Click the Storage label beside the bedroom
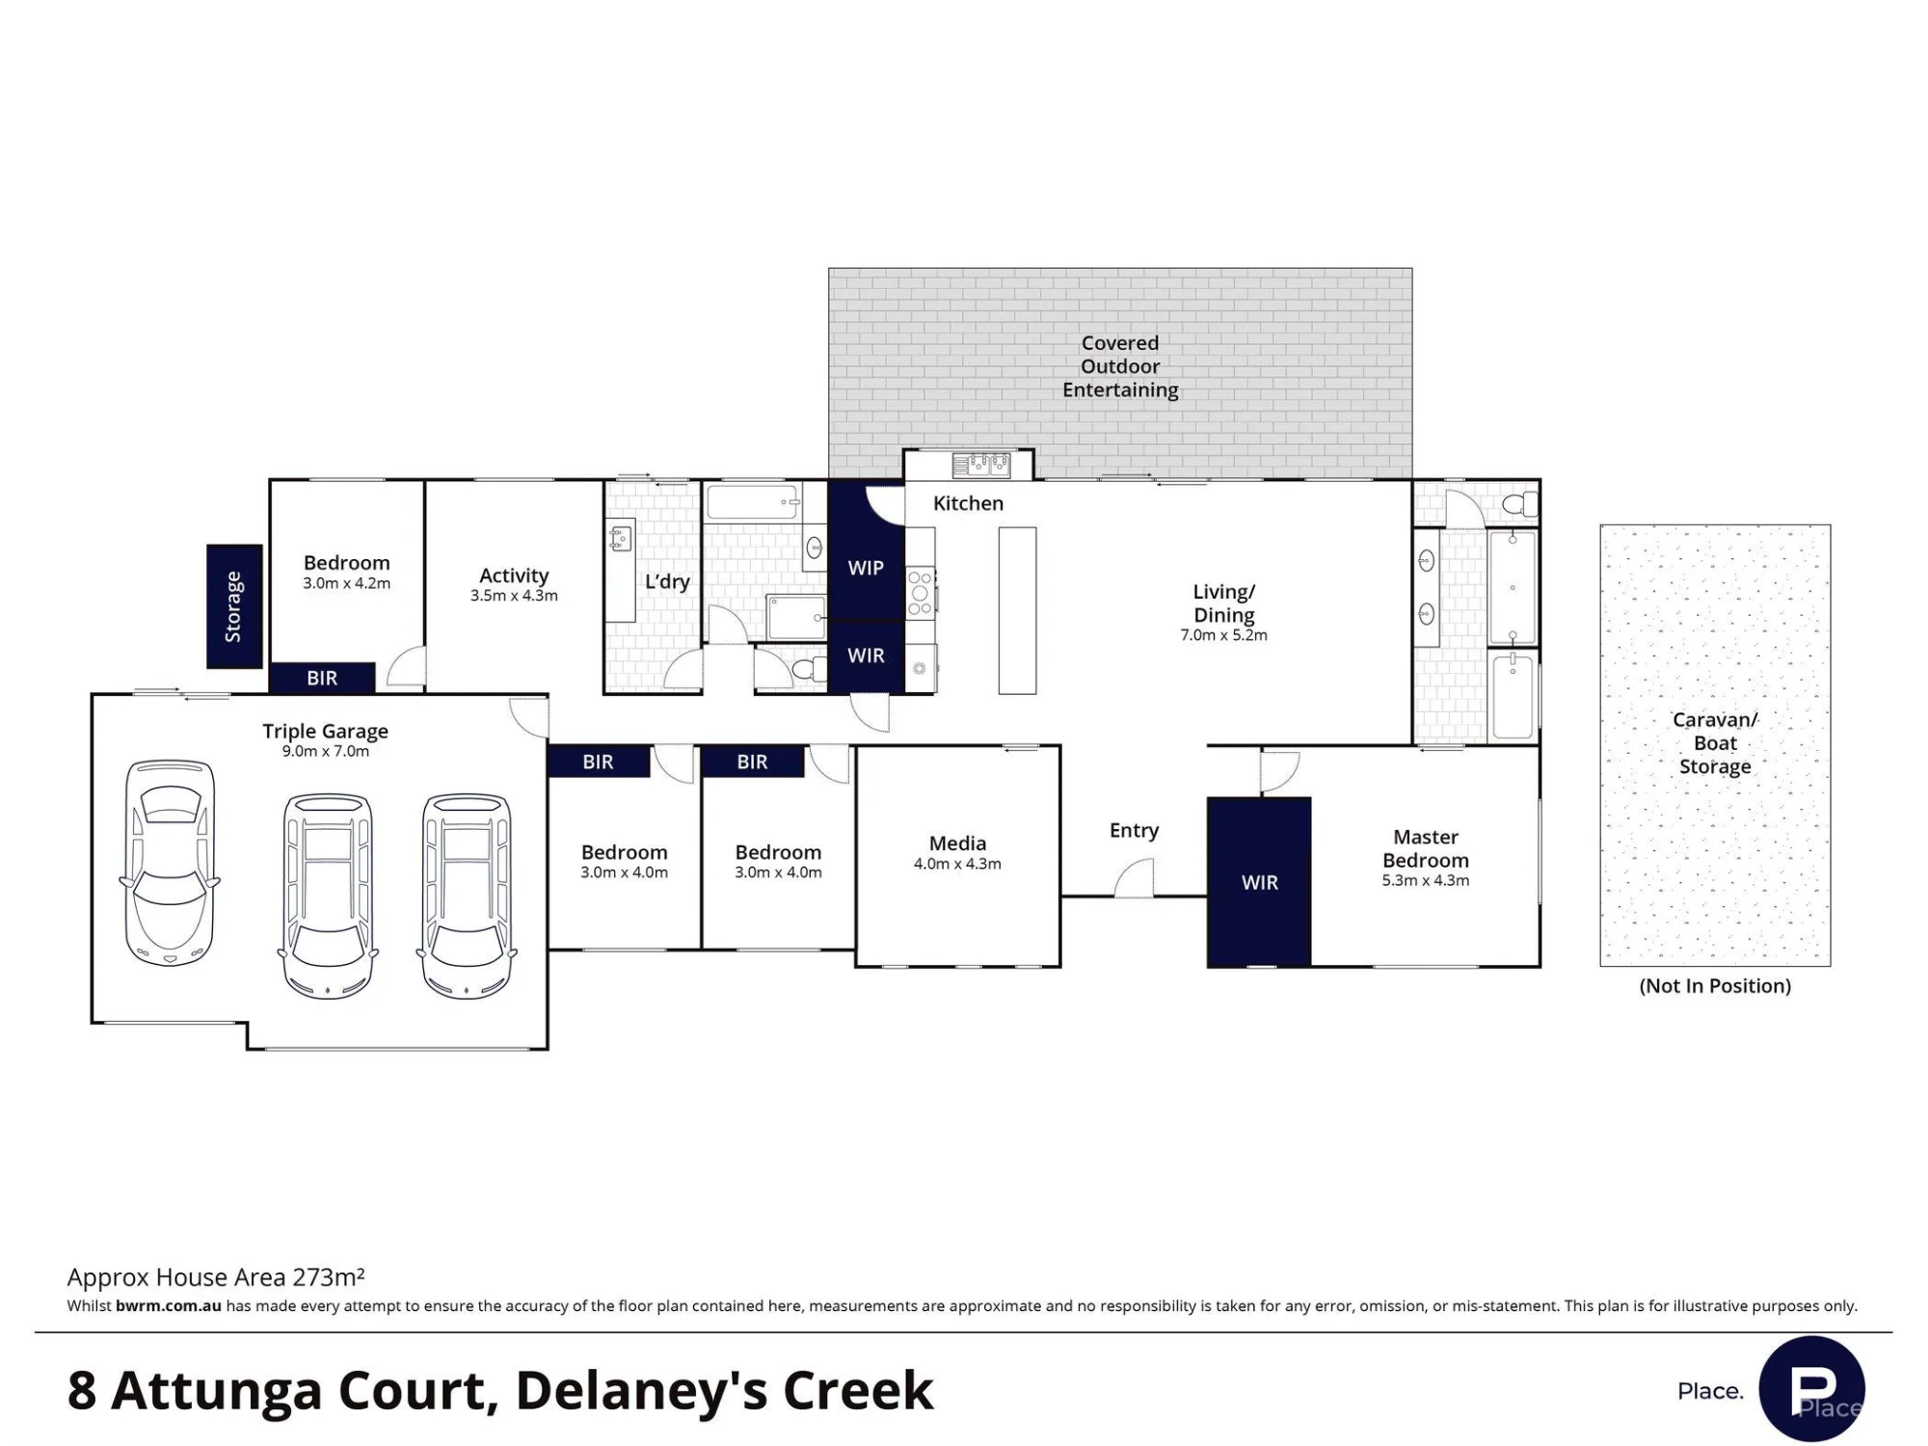pos(233,606)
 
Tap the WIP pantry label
pos(866,568)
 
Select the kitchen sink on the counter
pos(981,466)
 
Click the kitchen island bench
pos(1017,610)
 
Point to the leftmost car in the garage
pos(170,863)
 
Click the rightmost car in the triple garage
pos(467,896)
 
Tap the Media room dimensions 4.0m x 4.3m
pos(957,864)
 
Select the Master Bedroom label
pos(1426,848)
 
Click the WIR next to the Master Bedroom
pos(1260,882)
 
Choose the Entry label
pos(1134,830)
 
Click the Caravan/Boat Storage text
pos(1715,743)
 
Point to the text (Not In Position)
pos(1715,985)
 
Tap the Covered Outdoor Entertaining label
pos(1120,366)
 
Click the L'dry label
pos(667,581)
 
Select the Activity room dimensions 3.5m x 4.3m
pos(514,596)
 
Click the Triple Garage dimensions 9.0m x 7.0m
pos(325,751)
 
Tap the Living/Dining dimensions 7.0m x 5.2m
pos(1223,635)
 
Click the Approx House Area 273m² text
pos(216,1277)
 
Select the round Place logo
pos(1811,1389)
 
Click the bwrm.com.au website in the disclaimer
pos(169,1306)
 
